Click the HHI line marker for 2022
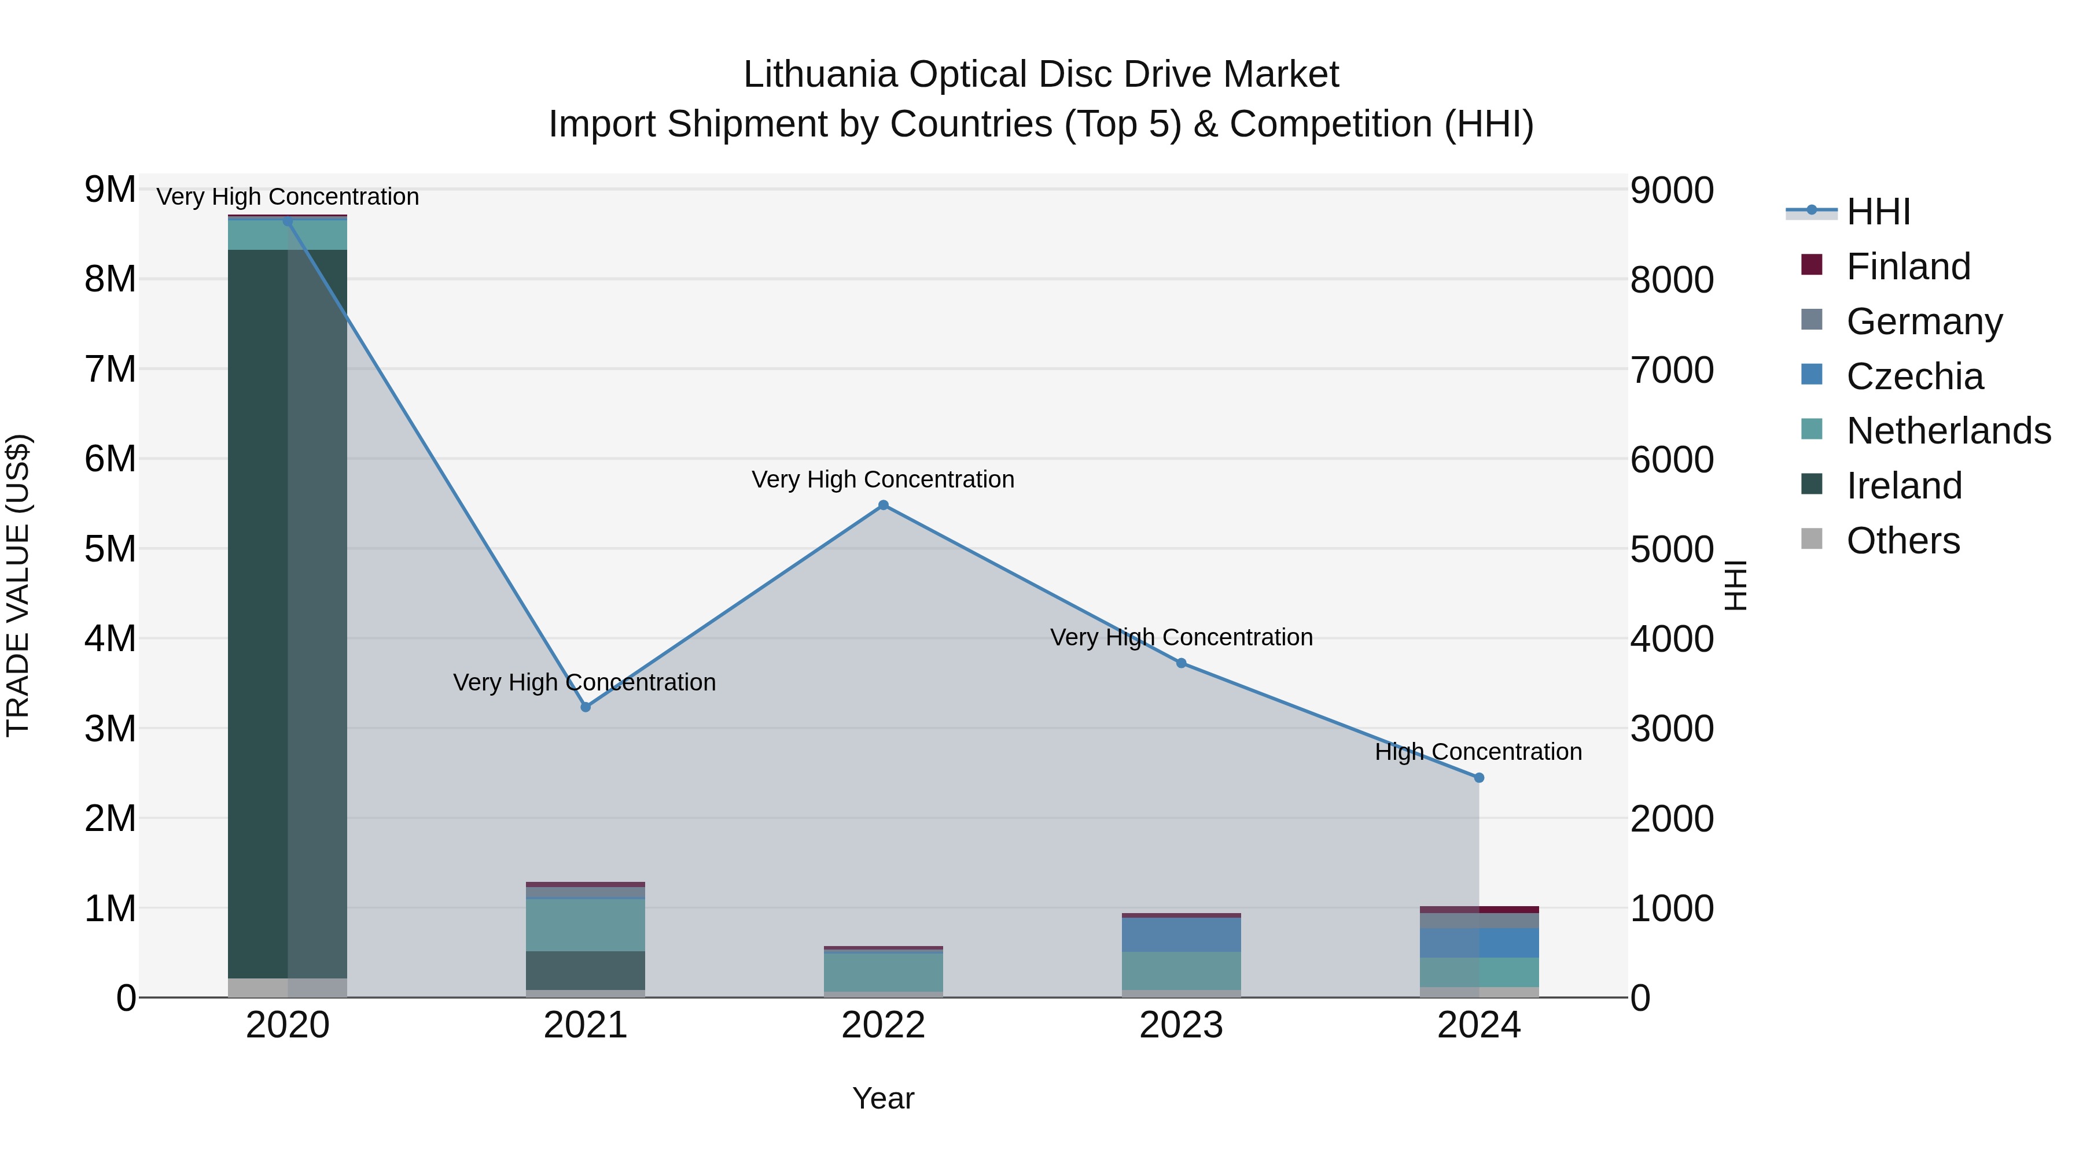pos(883,505)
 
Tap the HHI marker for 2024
pos(1479,777)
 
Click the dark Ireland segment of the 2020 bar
pos(259,614)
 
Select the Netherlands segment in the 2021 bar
pos(586,925)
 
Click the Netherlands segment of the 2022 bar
pos(883,972)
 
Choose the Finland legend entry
pos(1908,267)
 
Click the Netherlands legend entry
pos(1948,431)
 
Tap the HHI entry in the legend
pos(1878,212)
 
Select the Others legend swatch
pos(1812,539)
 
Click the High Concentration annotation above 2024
pos(1478,752)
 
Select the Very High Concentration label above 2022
pos(883,479)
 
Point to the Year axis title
pos(883,1098)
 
